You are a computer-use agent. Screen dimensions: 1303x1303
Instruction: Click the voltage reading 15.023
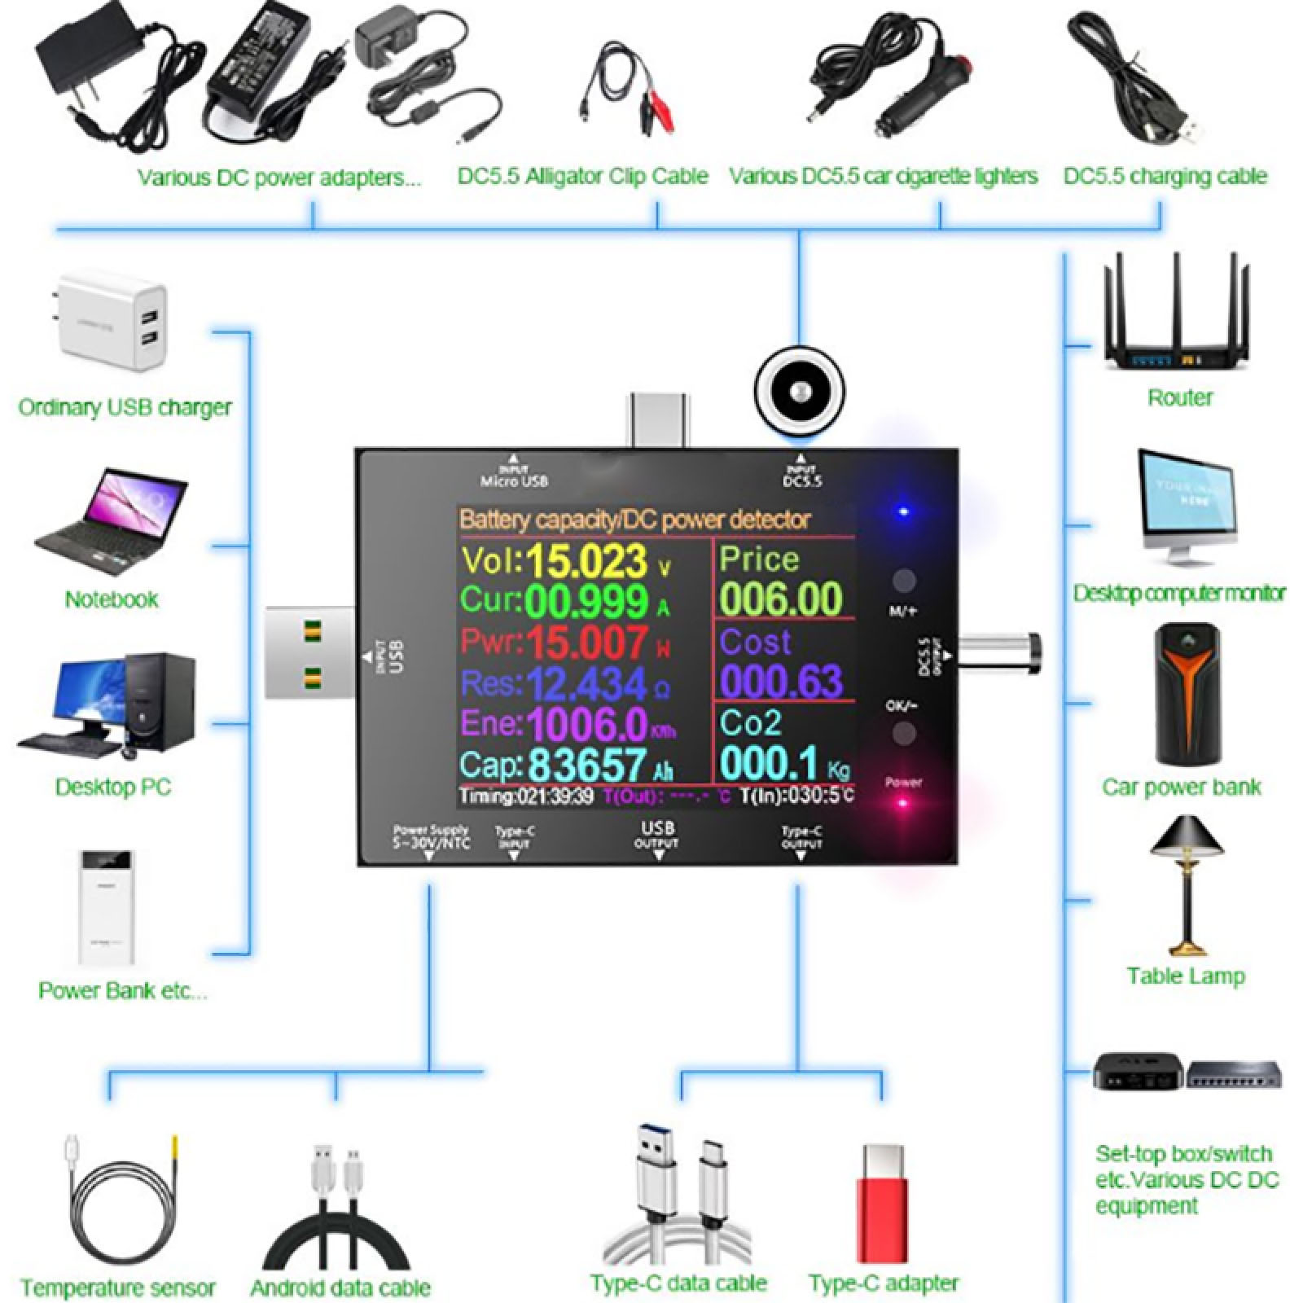tap(586, 561)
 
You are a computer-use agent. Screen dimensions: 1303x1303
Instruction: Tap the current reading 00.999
tap(586, 602)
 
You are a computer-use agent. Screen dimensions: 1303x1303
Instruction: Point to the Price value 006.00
tap(780, 599)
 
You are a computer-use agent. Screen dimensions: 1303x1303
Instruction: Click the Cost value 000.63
tap(780, 681)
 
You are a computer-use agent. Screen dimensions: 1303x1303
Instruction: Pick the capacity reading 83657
tap(586, 765)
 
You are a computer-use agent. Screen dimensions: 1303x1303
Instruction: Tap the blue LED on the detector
tap(902, 512)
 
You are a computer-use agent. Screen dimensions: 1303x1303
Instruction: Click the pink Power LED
tap(902, 802)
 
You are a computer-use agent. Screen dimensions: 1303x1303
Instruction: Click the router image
tap(1177, 314)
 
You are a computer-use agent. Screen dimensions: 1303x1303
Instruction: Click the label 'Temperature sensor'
tap(118, 1288)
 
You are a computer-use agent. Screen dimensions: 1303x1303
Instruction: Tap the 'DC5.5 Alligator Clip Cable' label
tap(582, 176)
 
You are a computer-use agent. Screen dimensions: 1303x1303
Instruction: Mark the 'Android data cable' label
tap(340, 1288)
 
